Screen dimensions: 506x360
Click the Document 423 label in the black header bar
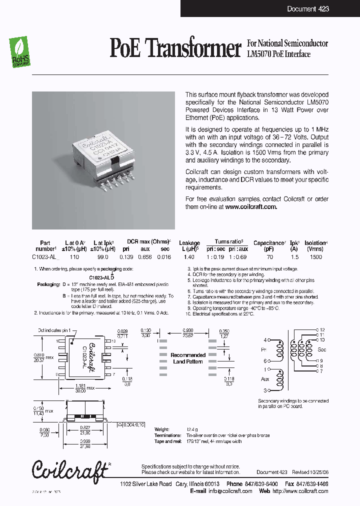pos(308,9)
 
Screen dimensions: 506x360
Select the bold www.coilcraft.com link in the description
pos(250,206)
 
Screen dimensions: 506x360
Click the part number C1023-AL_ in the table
pos(45,256)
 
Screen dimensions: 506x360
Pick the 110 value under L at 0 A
pos(74,256)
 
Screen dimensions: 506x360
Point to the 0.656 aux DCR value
pos(145,256)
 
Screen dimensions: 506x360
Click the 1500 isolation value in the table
pos(316,256)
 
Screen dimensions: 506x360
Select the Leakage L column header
pos(189,245)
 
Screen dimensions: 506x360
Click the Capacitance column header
pos(269,243)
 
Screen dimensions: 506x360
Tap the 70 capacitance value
pos(270,256)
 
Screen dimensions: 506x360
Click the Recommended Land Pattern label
pos(188,358)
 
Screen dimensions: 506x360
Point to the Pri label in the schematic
pos(264,349)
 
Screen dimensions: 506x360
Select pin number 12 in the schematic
pos(322,329)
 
